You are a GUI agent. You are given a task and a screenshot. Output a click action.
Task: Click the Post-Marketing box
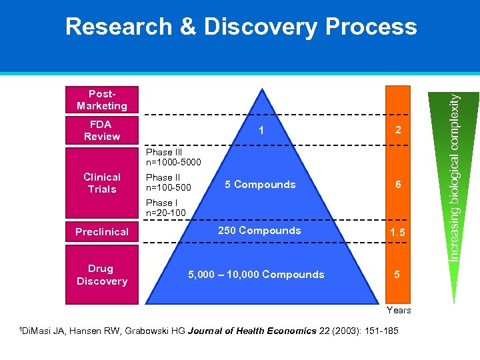tap(101, 100)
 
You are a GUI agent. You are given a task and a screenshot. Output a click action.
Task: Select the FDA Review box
tap(101, 130)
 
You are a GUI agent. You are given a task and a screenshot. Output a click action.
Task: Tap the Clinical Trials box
tap(101, 183)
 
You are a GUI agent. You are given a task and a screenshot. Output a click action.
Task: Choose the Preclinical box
tap(101, 232)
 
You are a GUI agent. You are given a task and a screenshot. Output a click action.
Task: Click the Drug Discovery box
tap(101, 275)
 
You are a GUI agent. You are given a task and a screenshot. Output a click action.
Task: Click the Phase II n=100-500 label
tap(169, 183)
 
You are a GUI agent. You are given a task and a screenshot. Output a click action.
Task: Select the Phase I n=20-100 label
tap(166, 207)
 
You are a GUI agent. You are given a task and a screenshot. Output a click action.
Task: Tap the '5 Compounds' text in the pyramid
tap(260, 185)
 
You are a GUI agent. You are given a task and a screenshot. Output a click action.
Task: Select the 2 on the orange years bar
tap(398, 131)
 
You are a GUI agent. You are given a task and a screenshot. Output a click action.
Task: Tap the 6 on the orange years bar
tap(398, 185)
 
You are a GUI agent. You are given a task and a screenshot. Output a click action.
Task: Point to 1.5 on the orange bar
tap(398, 232)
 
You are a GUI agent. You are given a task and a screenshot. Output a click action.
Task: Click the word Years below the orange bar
tap(399, 310)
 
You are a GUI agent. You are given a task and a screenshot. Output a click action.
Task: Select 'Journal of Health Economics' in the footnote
tap(260, 331)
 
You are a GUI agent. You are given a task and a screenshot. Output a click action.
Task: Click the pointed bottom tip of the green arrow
tap(455, 302)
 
